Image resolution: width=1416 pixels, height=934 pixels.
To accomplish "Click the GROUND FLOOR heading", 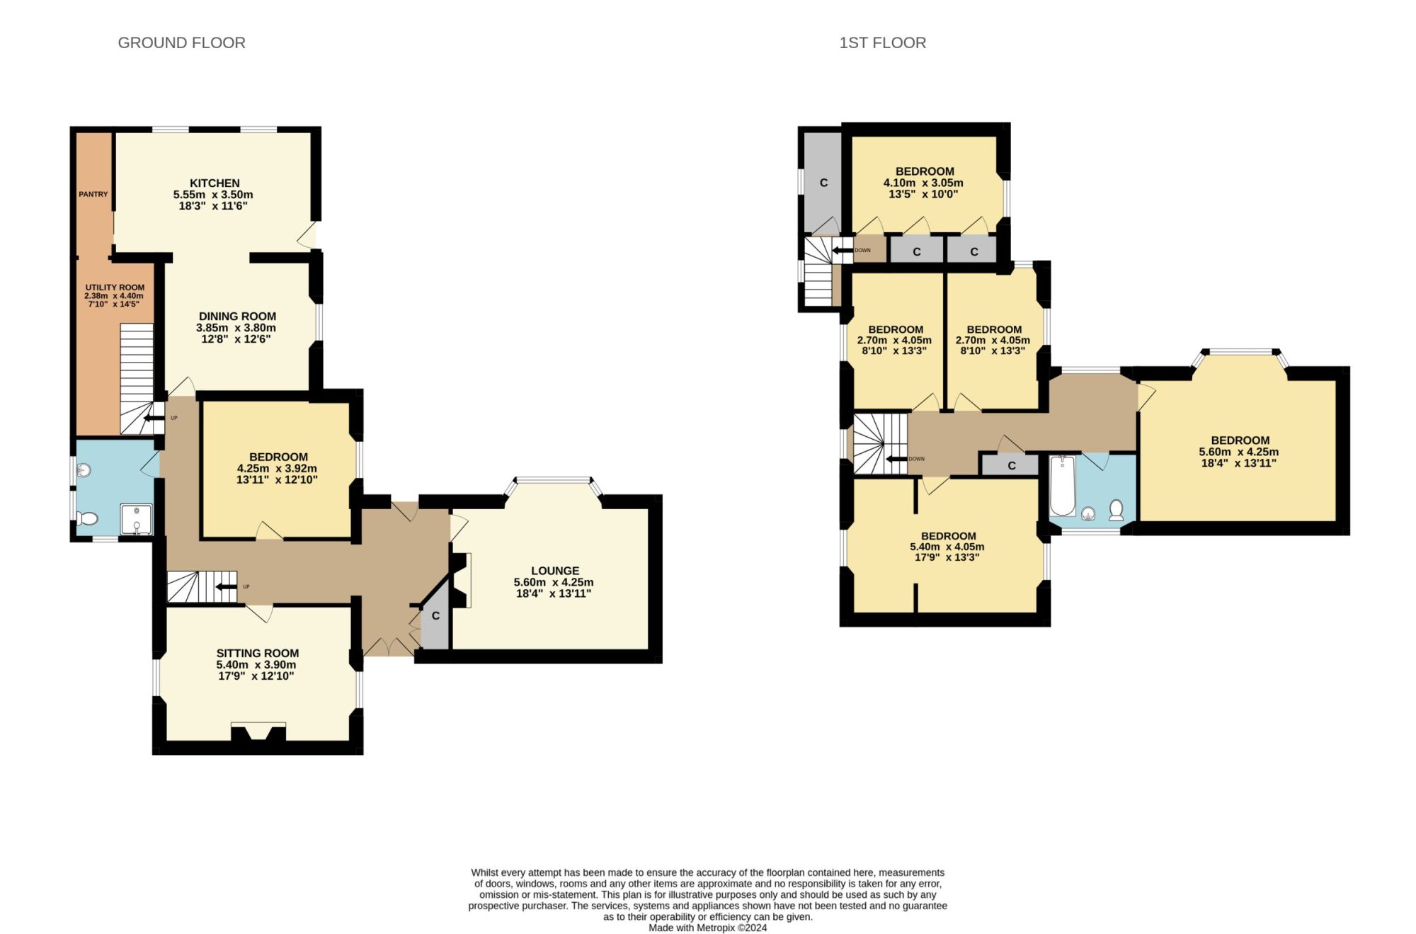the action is [x=181, y=43].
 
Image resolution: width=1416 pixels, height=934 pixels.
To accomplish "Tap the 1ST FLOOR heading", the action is [x=882, y=43].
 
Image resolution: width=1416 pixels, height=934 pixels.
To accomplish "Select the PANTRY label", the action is [x=93, y=194].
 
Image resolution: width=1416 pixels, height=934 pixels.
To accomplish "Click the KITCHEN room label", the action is [x=215, y=183].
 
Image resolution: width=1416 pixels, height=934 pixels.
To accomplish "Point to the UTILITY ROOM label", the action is [x=115, y=287].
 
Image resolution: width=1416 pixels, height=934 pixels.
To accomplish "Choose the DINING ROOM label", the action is [x=237, y=317].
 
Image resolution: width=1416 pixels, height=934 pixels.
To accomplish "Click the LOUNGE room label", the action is [x=555, y=571].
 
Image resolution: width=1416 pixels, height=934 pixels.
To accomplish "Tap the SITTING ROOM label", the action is [x=258, y=654].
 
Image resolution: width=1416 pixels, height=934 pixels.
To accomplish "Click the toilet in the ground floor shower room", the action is [x=88, y=519].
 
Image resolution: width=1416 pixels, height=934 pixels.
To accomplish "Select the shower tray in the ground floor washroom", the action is [x=136, y=518].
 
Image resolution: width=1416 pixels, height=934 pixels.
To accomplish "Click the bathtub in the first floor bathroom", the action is [x=1062, y=486].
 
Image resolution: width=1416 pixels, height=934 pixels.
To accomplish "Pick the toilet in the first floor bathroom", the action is [x=1117, y=511].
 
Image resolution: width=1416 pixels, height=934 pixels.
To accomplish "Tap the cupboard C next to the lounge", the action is [x=435, y=616].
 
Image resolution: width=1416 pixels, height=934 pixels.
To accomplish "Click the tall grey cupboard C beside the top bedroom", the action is [x=823, y=183].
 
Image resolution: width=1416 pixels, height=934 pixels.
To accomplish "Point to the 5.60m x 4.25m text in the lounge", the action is [x=554, y=582].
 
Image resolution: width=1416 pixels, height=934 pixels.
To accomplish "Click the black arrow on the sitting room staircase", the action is [x=226, y=586].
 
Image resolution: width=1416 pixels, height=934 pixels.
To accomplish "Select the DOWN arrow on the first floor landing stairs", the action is [x=898, y=459].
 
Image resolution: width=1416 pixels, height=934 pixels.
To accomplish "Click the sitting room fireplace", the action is [x=258, y=732].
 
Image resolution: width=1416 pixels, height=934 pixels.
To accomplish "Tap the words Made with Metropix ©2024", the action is [x=707, y=928].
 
